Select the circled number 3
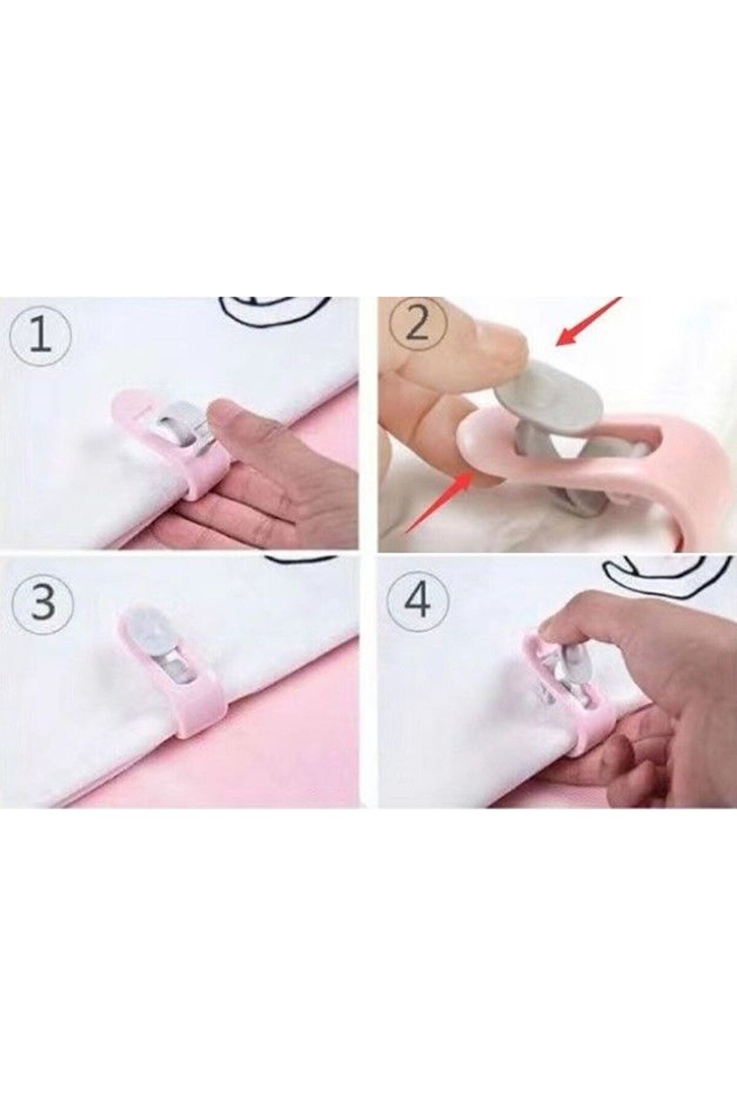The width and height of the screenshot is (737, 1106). point(43,603)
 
